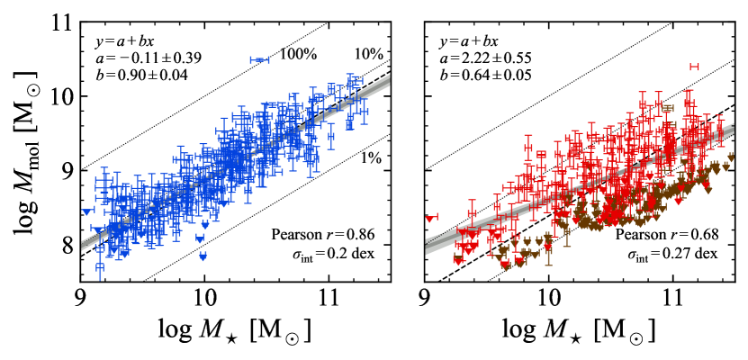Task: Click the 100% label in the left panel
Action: (298, 55)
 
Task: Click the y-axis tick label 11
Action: (60, 22)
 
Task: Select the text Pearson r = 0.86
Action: (321, 236)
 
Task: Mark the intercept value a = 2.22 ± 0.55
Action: (487, 58)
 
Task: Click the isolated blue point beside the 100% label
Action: (260, 60)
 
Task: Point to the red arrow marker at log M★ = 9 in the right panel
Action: (431, 218)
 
